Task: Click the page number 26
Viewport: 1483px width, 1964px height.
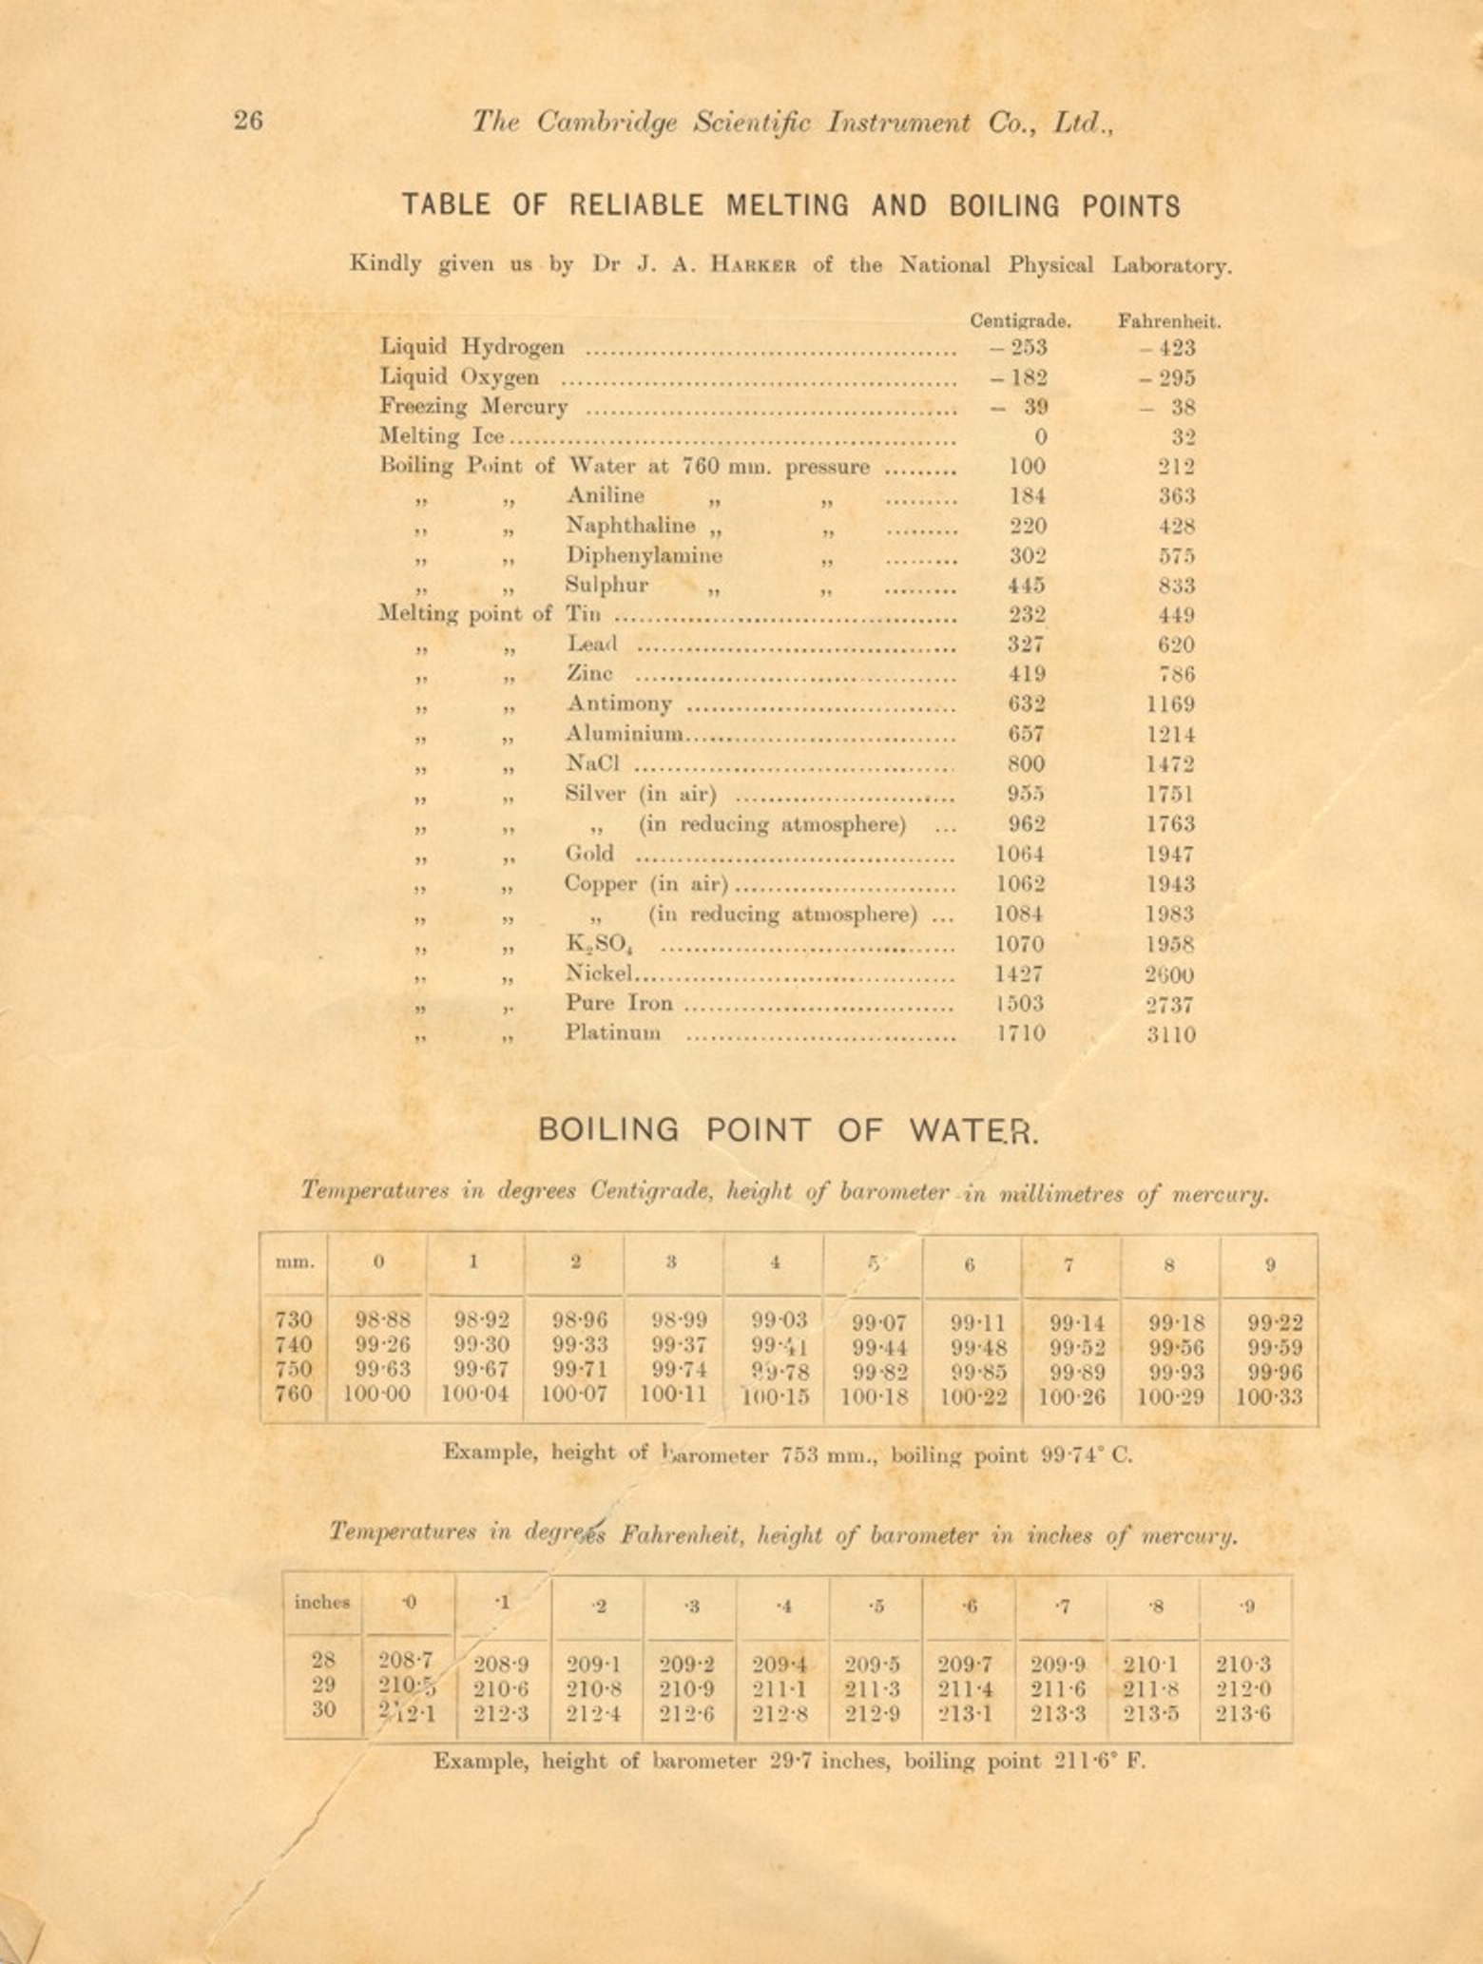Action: coord(248,121)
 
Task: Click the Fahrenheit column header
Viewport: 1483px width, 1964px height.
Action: coord(1169,321)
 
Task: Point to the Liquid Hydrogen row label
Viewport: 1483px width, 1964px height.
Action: coord(472,347)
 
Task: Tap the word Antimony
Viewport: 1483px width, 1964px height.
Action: coord(619,703)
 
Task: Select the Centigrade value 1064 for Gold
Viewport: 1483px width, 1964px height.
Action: coord(1020,854)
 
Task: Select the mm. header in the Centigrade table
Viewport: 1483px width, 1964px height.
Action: coord(295,1263)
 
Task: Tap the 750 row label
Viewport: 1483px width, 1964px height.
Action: coord(294,1370)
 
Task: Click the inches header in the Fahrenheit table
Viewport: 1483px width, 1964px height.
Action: coord(321,1602)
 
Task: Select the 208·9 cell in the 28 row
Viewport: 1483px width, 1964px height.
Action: coord(501,1665)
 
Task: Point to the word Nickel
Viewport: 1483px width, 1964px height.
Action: coord(599,973)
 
